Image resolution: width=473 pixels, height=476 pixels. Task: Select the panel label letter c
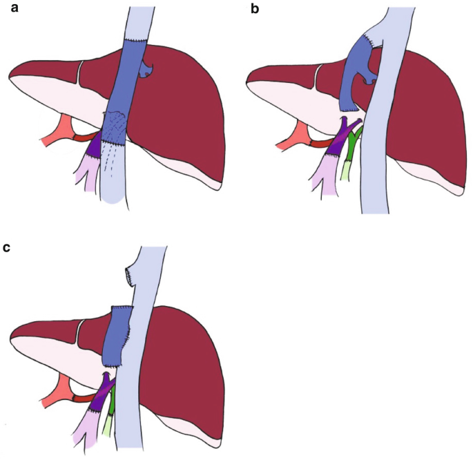coord(7,246)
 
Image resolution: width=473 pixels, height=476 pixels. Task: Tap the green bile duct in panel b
coord(353,142)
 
